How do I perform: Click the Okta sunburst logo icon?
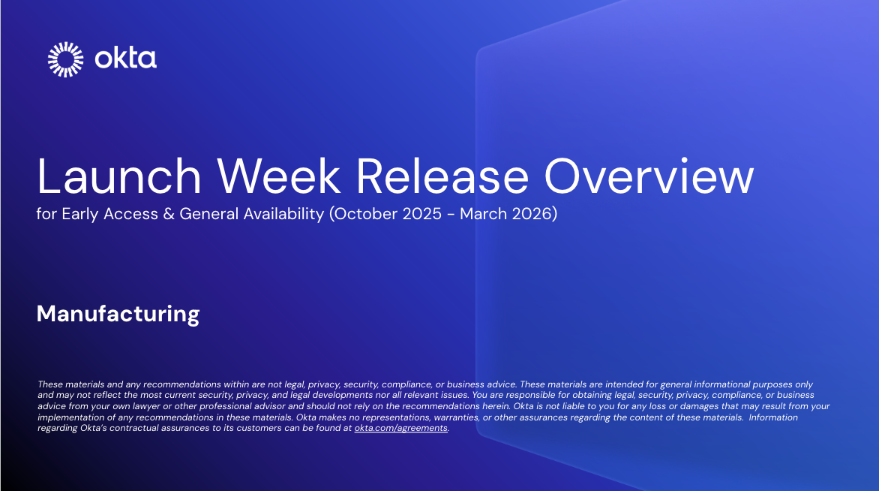pyautogui.click(x=66, y=59)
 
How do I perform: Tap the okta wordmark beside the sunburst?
pyautogui.click(x=125, y=59)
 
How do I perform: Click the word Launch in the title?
pyautogui.click(x=118, y=177)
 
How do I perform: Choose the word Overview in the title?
pyautogui.click(x=649, y=177)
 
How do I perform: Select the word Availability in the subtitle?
pyautogui.click(x=283, y=214)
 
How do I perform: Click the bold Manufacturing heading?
pyautogui.click(x=118, y=313)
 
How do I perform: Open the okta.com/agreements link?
pyautogui.click(x=400, y=428)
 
